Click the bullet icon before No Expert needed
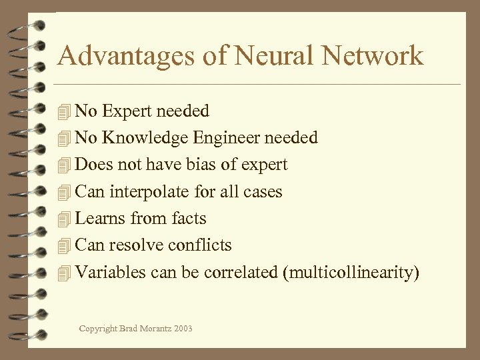(64, 112)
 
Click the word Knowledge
(145, 137)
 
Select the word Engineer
(227, 138)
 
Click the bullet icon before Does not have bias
(64, 165)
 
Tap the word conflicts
(200, 245)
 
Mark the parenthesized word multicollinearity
(351, 273)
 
